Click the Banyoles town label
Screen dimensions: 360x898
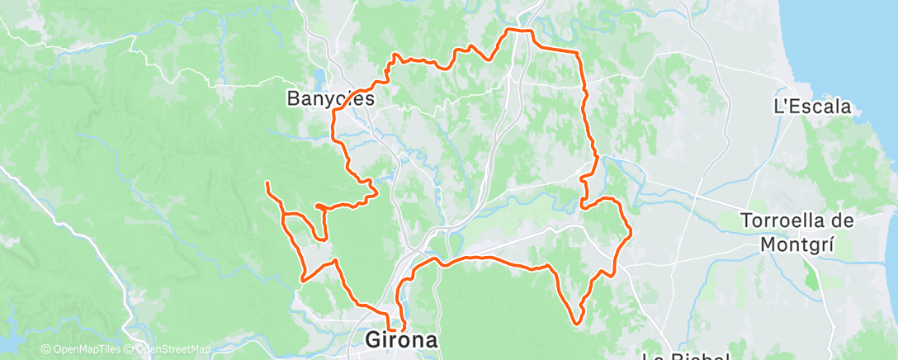tap(330, 98)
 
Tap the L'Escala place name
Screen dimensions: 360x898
tap(811, 107)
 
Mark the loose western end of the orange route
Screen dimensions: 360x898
tap(267, 182)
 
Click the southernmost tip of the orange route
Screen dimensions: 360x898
tap(576, 322)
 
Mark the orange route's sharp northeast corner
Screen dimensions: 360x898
tap(578, 52)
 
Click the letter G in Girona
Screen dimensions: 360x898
tap(374, 340)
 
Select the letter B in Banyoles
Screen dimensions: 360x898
tap(293, 98)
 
